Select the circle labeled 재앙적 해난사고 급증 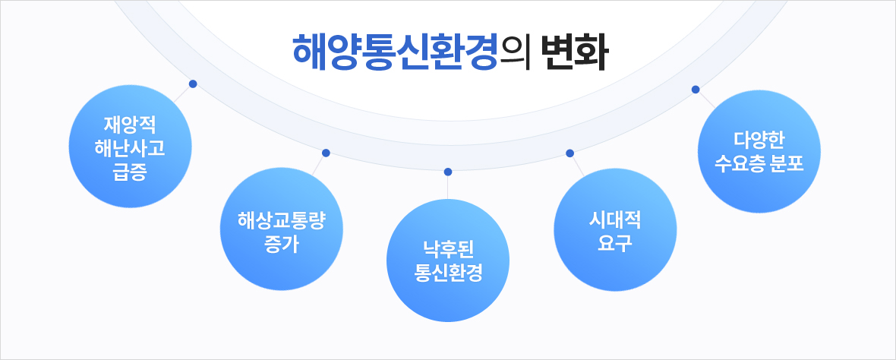pos(131,147)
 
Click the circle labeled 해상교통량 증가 pos(282,229)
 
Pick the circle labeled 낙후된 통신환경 pos(448,261)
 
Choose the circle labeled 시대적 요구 pos(615,229)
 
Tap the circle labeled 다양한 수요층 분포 pos(759,152)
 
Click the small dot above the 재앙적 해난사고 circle pos(193,84)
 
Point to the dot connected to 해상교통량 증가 pos(326,153)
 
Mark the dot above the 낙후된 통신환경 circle pos(448,172)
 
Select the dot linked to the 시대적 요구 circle pos(569,153)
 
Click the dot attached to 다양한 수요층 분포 pos(696,89)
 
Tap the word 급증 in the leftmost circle pos(131,172)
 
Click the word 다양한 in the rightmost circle pos(759,141)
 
